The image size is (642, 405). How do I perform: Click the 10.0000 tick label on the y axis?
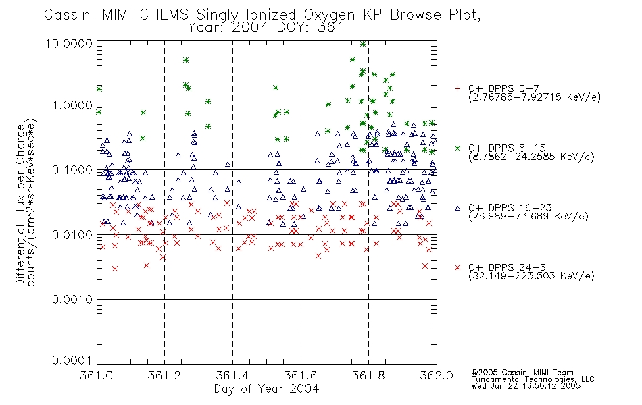pyautogui.click(x=68, y=44)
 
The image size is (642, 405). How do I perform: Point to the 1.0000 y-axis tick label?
pyautogui.click(x=72, y=105)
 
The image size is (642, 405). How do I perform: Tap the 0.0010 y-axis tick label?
pyautogui.click(x=72, y=300)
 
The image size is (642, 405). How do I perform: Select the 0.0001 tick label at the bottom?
pyautogui.click(x=72, y=360)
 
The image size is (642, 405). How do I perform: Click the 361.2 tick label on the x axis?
pyautogui.click(x=164, y=375)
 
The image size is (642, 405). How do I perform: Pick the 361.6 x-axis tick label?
pyautogui.click(x=301, y=375)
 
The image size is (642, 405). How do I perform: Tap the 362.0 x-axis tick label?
pyautogui.click(x=437, y=375)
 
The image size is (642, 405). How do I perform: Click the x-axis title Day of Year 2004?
pyautogui.click(x=266, y=389)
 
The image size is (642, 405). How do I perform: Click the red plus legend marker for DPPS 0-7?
pyautogui.click(x=458, y=88)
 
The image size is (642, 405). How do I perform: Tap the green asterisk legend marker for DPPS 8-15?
pyautogui.click(x=458, y=148)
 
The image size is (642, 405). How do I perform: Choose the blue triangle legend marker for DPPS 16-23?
pyautogui.click(x=458, y=208)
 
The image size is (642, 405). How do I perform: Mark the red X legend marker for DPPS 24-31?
pyautogui.click(x=458, y=267)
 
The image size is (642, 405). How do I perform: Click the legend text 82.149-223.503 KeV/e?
pyautogui.click(x=531, y=276)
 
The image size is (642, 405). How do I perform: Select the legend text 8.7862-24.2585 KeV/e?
pyautogui.click(x=531, y=157)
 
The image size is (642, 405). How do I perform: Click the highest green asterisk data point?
pyautogui.click(x=363, y=44)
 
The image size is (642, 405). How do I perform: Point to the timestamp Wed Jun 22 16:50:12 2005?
pyautogui.click(x=526, y=386)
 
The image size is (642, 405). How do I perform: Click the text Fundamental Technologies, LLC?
pyautogui.click(x=533, y=379)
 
